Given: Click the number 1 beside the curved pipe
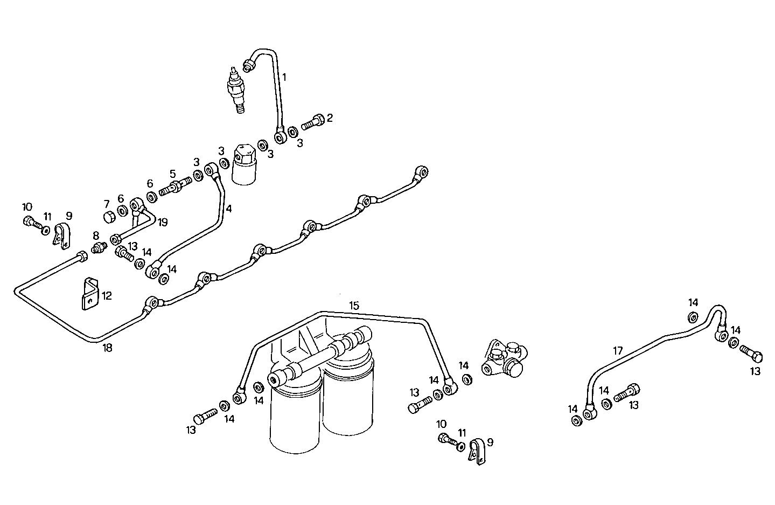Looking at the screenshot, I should (x=284, y=77).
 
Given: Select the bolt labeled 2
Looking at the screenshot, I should (x=312, y=122).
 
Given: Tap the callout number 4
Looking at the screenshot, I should (x=229, y=209).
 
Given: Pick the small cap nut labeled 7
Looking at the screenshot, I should (x=108, y=217).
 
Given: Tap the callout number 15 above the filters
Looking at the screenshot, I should (x=353, y=306).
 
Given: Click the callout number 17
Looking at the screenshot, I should (x=617, y=351).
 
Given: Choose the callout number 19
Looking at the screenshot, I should (x=163, y=222).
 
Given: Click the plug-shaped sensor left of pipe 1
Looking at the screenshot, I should (x=236, y=90).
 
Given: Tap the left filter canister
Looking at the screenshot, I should (x=295, y=415).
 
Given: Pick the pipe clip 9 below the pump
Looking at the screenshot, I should (x=476, y=451).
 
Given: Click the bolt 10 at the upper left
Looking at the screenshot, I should (x=30, y=221).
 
